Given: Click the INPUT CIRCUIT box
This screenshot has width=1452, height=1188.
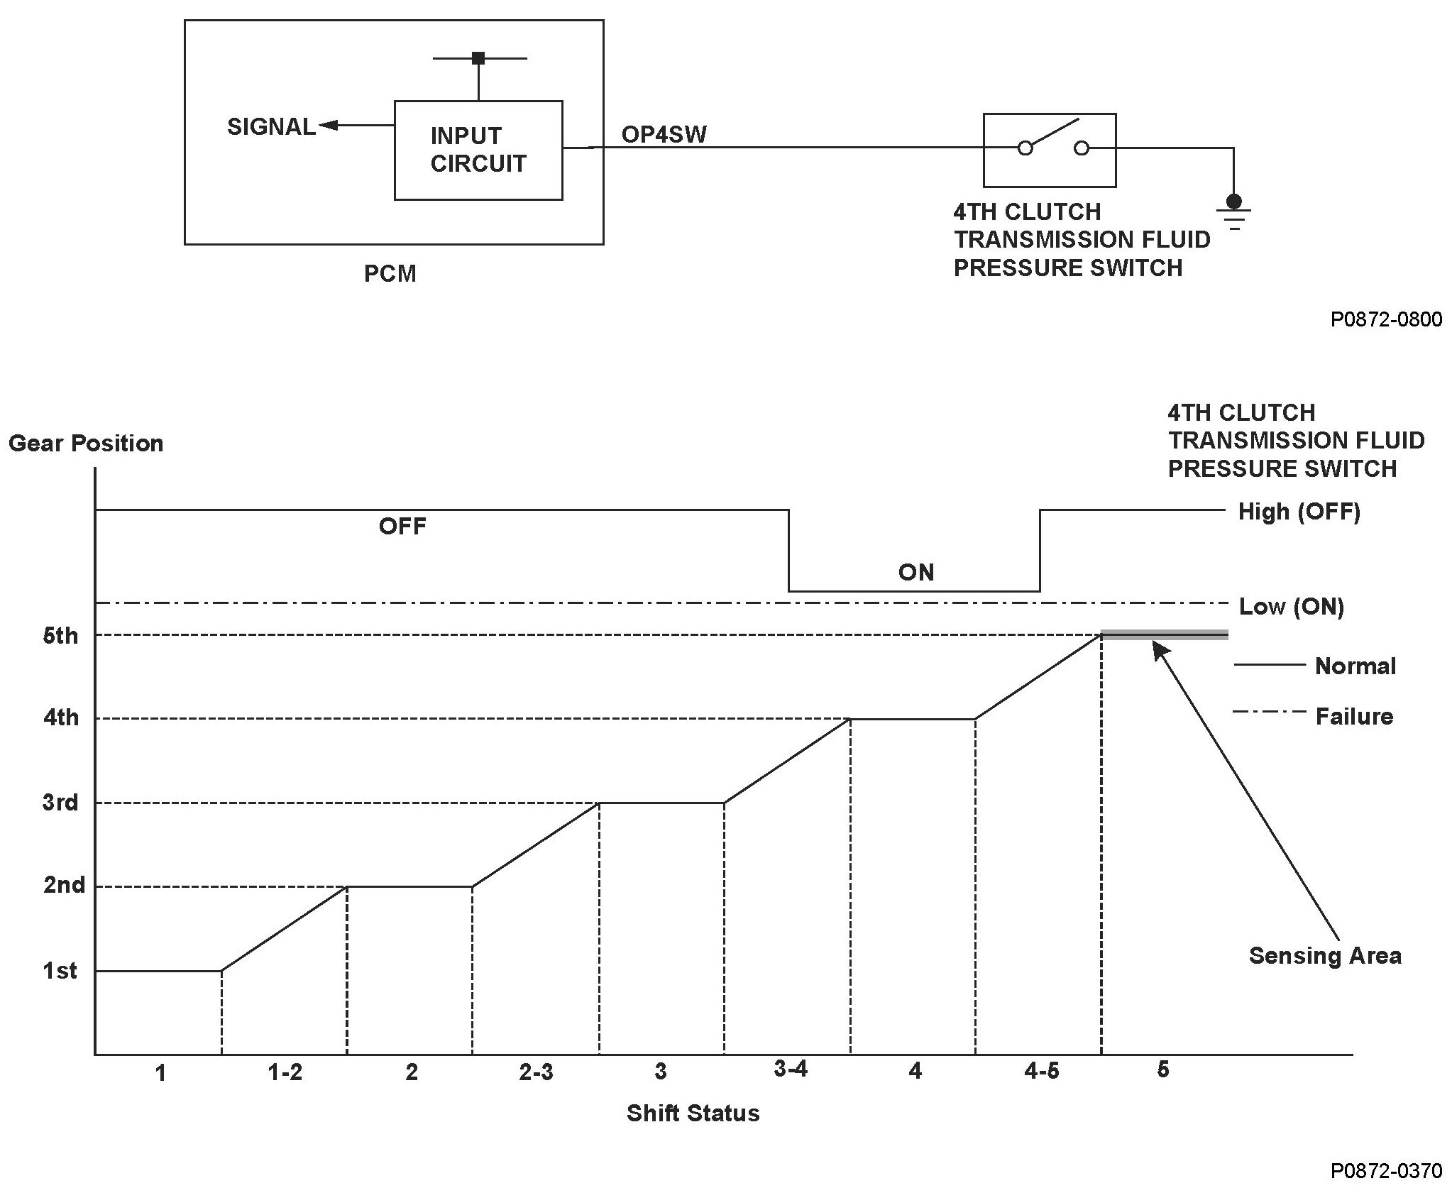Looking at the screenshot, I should point(478,150).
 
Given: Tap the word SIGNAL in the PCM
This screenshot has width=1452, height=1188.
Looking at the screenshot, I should point(271,127).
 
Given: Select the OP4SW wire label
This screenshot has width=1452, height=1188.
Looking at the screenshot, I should point(664,135).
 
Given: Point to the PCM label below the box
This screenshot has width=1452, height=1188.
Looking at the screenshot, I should point(390,274).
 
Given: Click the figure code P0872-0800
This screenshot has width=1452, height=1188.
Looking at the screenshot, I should point(1386,320).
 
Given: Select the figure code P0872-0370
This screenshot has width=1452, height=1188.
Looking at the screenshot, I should point(1386,1170).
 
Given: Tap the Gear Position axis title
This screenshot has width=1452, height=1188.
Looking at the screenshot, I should point(86,444).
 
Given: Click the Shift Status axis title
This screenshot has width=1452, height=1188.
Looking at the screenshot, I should point(693,1113).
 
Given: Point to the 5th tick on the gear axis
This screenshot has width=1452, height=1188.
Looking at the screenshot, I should point(60,635).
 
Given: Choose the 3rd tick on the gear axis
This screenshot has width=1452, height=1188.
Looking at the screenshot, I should point(60,803).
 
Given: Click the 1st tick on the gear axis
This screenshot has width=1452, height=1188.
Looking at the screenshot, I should point(60,970).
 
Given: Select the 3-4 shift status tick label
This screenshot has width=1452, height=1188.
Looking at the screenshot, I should point(791,1069).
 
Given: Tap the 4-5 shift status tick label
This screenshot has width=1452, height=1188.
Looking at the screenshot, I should point(1041,1071).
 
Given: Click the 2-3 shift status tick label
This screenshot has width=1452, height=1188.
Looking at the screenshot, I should point(536,1072).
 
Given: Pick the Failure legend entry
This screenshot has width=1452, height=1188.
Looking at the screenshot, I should point(1354,717).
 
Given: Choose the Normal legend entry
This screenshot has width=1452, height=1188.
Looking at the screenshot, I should point(1355,666).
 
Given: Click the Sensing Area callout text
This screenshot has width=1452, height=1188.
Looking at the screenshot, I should point(1325,956).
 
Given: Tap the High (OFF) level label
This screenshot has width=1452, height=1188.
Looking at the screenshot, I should point(1299,512).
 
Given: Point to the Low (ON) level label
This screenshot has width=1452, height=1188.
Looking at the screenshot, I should point(1291,607).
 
